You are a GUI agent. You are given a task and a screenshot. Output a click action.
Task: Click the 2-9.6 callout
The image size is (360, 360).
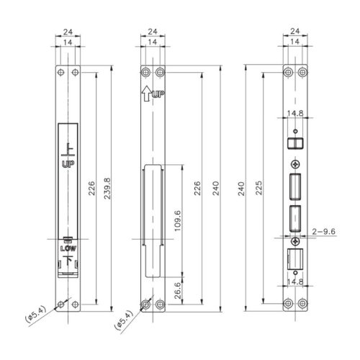coord(325,231)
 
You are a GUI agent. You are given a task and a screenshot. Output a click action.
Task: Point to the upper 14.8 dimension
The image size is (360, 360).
coord(295,113)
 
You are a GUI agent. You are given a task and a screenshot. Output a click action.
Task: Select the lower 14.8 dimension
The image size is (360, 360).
coord(295,283)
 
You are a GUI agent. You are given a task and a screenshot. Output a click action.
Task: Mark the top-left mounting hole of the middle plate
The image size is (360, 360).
coord(146,72)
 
